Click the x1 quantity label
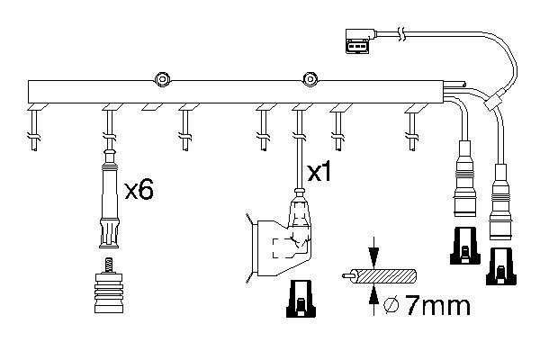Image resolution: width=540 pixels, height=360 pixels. (x=320, y=172)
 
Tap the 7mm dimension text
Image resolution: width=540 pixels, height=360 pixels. (x=439, y=306)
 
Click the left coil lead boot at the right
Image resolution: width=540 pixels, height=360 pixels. (x=464, y=184)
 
